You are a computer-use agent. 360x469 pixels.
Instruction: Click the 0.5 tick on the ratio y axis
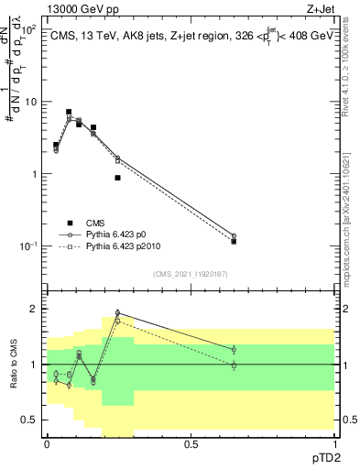pyautogui.click(x=29, y=420)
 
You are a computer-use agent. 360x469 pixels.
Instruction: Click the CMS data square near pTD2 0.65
pyautogui.click(x=234, y=241)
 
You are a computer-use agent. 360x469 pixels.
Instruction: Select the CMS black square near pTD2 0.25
pyautogui.click(x=118, y=178)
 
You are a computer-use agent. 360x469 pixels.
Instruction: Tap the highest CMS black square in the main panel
pyautogui.click(x=69, y=112)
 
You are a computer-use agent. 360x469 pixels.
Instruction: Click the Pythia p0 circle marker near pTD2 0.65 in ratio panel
pyautogui.click(x=234, y=349)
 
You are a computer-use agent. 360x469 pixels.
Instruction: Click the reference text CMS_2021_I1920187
pyautogui.click(x=190, y=273)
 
